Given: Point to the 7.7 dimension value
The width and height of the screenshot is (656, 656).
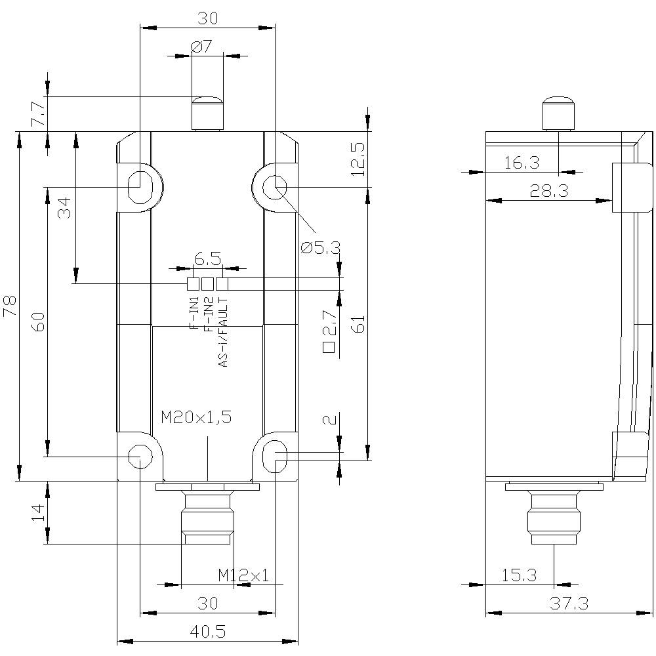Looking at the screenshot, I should click(x=39, y=113).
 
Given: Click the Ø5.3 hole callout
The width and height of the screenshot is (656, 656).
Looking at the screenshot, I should click(x=321, y=247).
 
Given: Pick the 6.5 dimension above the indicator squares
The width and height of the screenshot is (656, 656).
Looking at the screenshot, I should click(x=207, y=260).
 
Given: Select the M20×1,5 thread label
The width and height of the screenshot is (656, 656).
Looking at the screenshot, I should click(x=196, y=417).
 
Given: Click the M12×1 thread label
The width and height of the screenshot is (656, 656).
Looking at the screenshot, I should click(x=243, y=575).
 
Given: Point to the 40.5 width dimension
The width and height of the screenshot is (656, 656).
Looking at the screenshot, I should click(x=207, y=631).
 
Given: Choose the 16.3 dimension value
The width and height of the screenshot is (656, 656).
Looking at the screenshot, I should click(x=522, y=163).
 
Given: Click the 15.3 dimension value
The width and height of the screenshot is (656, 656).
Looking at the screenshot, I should click(x=519, y=575).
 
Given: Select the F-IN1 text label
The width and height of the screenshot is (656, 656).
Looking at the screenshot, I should click(x=194, y=313).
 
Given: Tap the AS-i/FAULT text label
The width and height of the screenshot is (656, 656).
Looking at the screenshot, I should click(x=224, y=331).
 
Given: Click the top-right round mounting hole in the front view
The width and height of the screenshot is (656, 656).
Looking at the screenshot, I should click(x=274, y=188).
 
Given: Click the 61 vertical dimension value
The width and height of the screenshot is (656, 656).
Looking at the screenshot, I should click(x=358, y=323).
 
